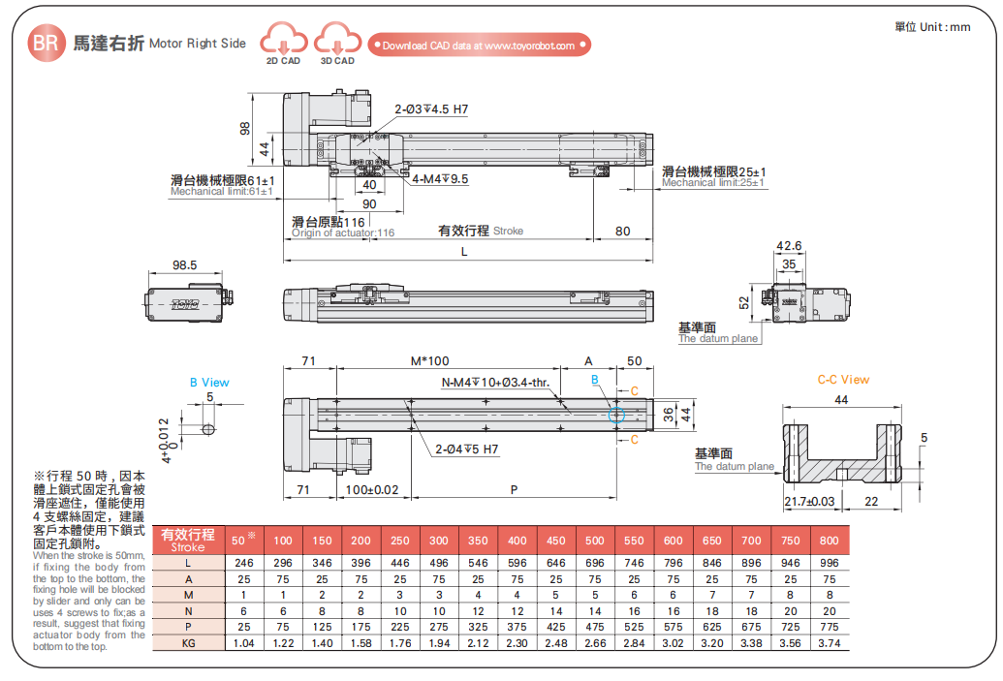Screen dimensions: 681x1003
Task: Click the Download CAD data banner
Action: coord(479,45)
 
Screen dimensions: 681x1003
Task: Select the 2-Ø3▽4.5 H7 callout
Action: coord(430,109)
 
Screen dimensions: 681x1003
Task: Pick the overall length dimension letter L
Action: coord(464,252)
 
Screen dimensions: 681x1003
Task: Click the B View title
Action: coord(209,383)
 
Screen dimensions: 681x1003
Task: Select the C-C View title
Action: coord(842,380)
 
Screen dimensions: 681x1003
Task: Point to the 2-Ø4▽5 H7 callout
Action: coord(467,449)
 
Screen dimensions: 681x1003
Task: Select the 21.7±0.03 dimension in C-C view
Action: coord(808,500)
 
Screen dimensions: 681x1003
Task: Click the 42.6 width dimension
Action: coord(790,246)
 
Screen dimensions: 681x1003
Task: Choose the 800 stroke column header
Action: coord(829,540)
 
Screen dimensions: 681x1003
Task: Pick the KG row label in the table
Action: coord(189,642)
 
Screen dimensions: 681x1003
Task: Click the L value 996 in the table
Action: coord(829,563)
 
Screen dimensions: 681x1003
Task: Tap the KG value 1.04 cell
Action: coord(243,642)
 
